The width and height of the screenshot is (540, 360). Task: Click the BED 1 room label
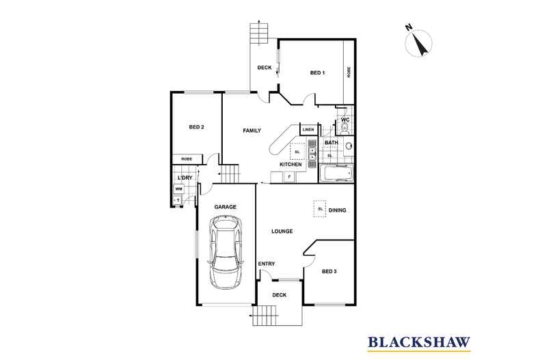click(317, 73)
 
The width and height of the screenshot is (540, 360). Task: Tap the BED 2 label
click(197, 127)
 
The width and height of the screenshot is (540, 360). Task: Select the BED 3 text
click(329, 271)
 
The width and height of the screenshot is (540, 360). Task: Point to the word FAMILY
click(252, 130)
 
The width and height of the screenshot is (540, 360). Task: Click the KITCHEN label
click(291, 165)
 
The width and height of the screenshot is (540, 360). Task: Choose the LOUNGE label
click(282, 232)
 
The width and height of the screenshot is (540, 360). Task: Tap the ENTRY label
click(266, 264)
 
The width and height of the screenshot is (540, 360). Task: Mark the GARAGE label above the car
click(225, 206)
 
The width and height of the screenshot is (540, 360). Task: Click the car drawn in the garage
click(226, 251)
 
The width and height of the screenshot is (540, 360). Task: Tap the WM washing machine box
click(178, 189)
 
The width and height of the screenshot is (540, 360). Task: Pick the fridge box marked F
click(289, 177)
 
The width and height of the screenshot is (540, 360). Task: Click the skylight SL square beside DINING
click(320, 209)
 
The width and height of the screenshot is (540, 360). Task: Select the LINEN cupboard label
click(308, 130)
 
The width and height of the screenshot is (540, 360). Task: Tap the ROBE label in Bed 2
click(187, 159)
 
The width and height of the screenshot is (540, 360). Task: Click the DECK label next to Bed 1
click(265, 68)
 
